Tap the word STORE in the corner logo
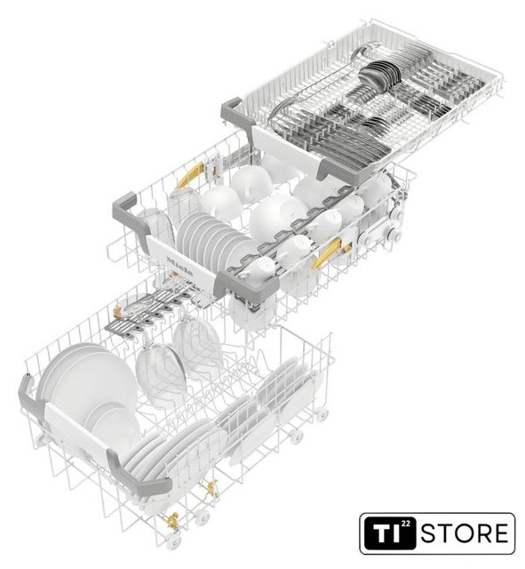pos(465,533)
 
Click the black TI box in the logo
pos(390,533)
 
